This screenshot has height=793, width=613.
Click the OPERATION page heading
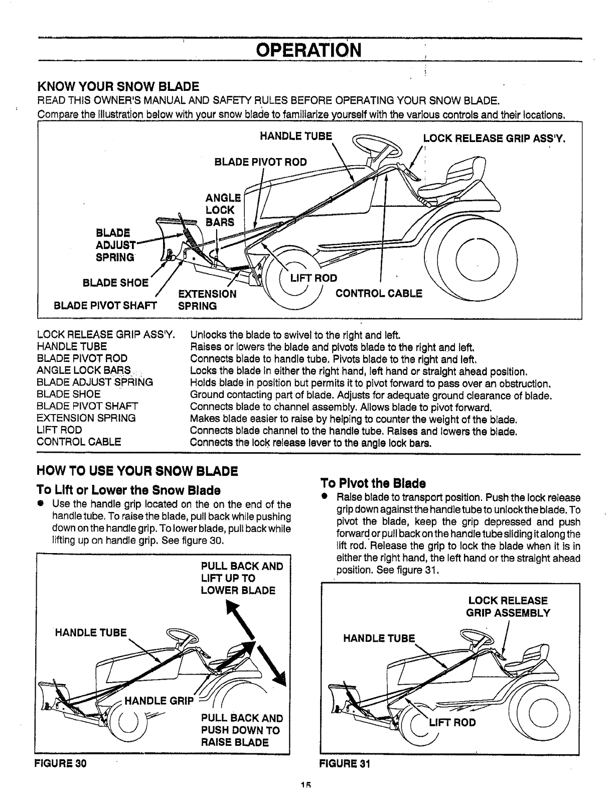click(308, 50)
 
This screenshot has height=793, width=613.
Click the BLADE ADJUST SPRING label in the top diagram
click(115, 245)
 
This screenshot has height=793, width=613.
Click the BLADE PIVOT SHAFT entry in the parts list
click(87, 406)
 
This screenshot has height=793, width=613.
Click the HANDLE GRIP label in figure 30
click(159, 701)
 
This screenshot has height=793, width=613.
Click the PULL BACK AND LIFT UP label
click(242, 578)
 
